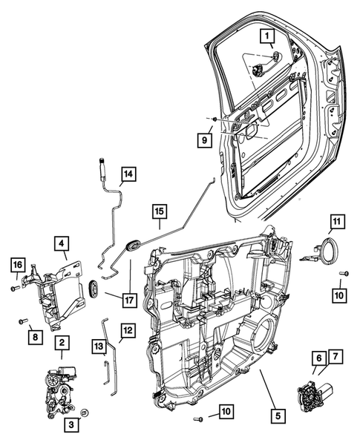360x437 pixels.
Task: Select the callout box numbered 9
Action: point(202,138)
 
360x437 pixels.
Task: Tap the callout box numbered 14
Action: point(129,174)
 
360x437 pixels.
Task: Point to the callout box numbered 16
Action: point(18,263)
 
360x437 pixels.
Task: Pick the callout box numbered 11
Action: point(338,221)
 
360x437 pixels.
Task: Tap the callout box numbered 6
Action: point(316,358)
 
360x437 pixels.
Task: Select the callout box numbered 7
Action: point(337,358)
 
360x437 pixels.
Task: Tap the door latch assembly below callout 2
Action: point(57,387)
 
